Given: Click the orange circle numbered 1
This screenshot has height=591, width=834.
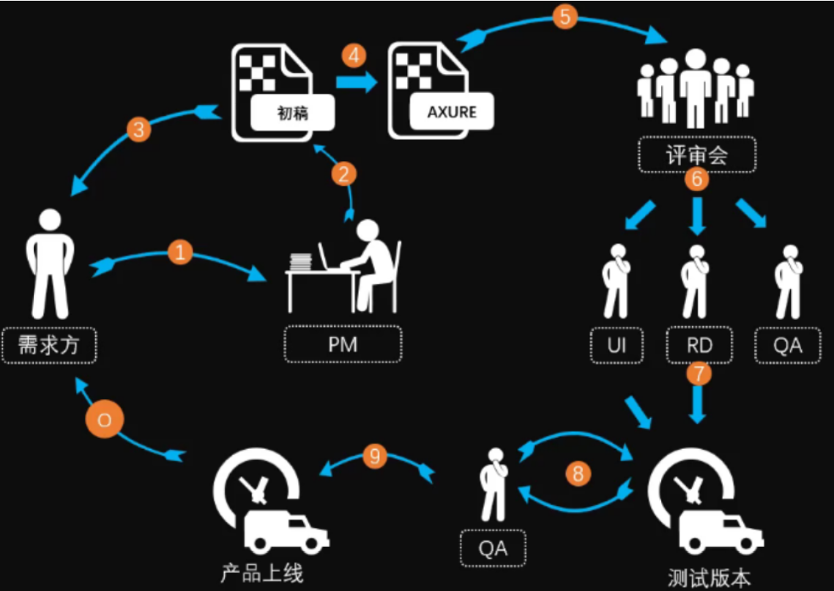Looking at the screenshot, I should pyautogui.click(x=179, y=253).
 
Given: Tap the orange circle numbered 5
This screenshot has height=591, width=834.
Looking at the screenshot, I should pyautogui.click(x=565, y=16).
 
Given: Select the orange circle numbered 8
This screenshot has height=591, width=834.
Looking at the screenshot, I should pyautogui.click(x=577, y=474).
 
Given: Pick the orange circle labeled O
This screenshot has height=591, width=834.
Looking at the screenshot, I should pyautogui.click(x=104, y=420).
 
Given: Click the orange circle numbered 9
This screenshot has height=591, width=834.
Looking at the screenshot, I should pyautogui.click(x=375, y=457).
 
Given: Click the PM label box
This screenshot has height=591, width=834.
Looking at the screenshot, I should pyautogui.click(x=343, y=344).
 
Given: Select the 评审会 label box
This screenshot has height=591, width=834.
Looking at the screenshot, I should pyautogui.click(x=696, y=155).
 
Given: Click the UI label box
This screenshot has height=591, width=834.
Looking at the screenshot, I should pyautogui.click(x=617, y=345).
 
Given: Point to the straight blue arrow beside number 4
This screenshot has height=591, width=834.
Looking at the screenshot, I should pyautogui.click(x=354, y=83).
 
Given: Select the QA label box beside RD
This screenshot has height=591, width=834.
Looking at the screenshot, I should pyautogui.click(x=787, y=345).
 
